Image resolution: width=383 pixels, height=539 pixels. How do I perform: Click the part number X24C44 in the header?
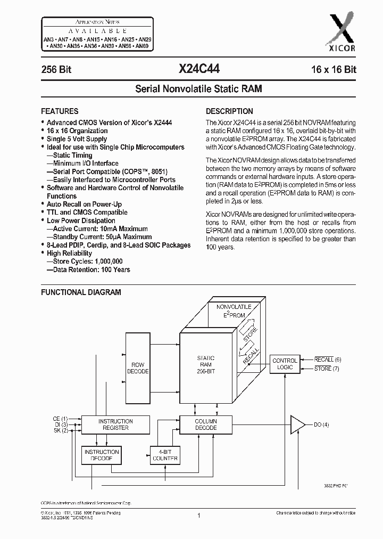(196, 69)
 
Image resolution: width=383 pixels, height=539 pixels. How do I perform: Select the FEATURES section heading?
(60, 111)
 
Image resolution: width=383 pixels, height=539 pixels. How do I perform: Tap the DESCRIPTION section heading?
(229, 111)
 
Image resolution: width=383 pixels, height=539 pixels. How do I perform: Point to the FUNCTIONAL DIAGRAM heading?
(81, 292)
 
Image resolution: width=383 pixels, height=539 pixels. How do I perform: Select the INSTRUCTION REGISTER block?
(115, 424)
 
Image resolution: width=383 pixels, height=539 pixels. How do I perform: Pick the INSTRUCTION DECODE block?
(102, 455)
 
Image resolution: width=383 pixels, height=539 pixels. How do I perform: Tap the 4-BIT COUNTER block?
(165, 455)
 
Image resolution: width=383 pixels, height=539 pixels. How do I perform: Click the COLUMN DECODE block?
(205, 424)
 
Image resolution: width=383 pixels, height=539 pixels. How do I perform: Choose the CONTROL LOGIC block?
(285, 364)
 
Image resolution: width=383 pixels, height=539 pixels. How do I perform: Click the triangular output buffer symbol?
(297, 424)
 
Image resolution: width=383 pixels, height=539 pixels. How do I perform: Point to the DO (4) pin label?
(321, 424)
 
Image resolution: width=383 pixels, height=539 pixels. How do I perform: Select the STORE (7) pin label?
(327, 369)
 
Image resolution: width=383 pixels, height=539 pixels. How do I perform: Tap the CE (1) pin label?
(61, 419)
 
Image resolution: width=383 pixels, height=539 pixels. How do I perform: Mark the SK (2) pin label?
(61, 430)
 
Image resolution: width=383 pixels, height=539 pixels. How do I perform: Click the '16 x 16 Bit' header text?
(334, 70)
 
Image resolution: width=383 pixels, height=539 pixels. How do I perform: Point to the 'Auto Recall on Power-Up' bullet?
(84, 204)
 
